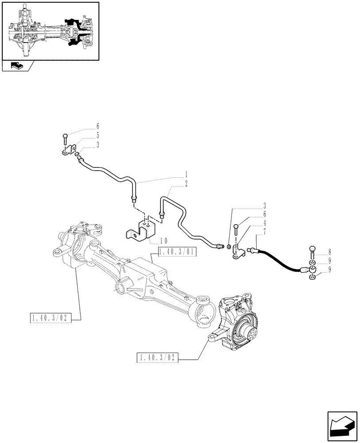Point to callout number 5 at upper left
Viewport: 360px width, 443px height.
(x=98, y=135)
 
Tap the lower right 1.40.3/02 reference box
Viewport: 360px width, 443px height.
(x=158, y=358)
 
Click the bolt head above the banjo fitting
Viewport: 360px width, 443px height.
(x=313, y=249)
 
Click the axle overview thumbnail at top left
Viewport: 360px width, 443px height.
(x=50, y=31)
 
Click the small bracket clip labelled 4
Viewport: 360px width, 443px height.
(x=238, y=253)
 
